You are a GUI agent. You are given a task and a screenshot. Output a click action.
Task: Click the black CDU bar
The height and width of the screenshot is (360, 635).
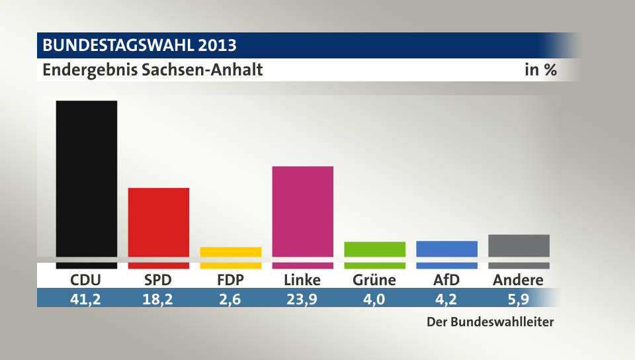pyautogui.click(x=87, y=179)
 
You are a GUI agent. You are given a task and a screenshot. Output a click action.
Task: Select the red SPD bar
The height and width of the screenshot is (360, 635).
pyautogui.click(x=159, y=222)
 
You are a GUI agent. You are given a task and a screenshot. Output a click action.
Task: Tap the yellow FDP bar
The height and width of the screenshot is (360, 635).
pyautogui.click(x=231, y=252)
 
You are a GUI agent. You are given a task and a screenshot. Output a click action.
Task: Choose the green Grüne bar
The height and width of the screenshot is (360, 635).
pyautogui.click(x=374, y=249)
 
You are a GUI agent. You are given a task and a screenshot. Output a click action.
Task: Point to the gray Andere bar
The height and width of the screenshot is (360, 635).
pyautogui.click(x=519, y=246)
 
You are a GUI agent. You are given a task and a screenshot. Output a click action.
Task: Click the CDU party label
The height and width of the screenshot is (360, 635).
pyautogui.click(x=87, y=280)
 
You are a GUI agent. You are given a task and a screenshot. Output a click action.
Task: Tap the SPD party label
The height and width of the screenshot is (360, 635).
pyautogui.click(x=159, y=280)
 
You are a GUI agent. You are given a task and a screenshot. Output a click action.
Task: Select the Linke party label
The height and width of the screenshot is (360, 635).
pyautogui.click(x=302, y=280)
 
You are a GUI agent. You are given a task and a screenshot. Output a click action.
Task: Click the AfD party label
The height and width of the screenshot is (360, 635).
pyautogui.click(x=446, y=280)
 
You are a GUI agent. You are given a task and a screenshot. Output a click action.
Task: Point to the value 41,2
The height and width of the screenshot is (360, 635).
pyautogui.click(x=87, y=298)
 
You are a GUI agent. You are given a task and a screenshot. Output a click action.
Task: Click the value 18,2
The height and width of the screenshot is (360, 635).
pyautogui.click(x=159, y=298)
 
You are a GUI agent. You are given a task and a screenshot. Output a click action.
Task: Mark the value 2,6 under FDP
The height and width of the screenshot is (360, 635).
pyautogui.click(x=231, y=298)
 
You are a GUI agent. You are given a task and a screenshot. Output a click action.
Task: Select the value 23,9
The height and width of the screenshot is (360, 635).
pyautogui.click(x=302, y=298)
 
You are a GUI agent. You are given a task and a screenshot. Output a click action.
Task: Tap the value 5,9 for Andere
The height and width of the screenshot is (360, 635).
pyautogui.click(x=519, y=298)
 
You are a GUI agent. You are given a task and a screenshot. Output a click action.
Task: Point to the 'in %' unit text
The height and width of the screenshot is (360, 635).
pyautogui.click(x=540, y=69)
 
